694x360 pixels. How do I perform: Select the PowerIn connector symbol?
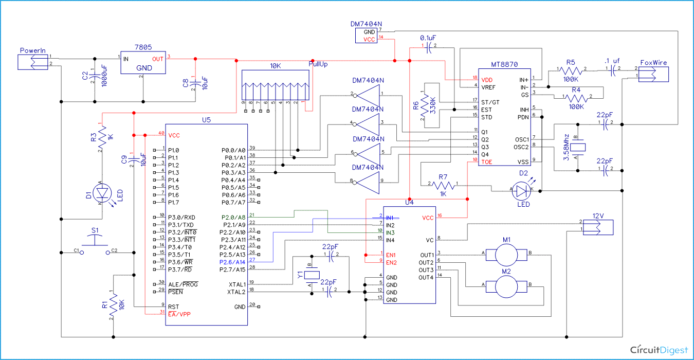[x=33, y=62]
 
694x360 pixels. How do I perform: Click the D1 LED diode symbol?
[x=104, y=193]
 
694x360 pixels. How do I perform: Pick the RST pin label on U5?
[x=174, y=306]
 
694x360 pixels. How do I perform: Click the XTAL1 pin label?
[x=237, y=284]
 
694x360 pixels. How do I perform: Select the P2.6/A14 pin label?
[x=233, y=262]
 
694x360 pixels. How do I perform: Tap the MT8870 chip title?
[x=504, y=65]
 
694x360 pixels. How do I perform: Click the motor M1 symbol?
[x=507, y=253]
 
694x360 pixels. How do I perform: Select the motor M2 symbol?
[x=507, y=284]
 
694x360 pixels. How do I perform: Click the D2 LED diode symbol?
[x=523, y=190]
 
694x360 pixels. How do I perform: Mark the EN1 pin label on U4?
[x=392, y=255]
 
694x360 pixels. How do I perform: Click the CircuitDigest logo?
[x=659, y=350]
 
